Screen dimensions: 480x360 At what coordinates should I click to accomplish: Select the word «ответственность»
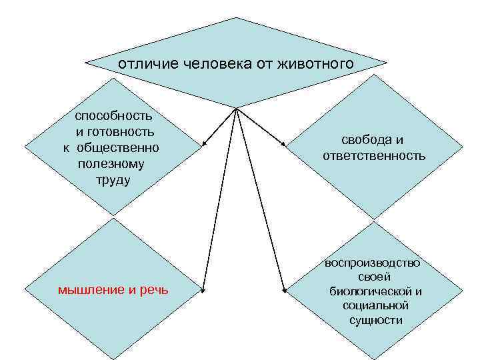(374, 156)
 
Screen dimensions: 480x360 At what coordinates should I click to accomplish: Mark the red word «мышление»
(91, 289)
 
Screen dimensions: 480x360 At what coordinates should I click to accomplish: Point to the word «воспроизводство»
(373, 262)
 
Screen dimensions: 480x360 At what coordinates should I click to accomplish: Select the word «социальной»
(375, 305)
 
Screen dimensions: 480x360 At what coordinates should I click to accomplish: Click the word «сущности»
(375, 320)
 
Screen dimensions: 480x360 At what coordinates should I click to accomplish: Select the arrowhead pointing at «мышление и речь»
(204, 290)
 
